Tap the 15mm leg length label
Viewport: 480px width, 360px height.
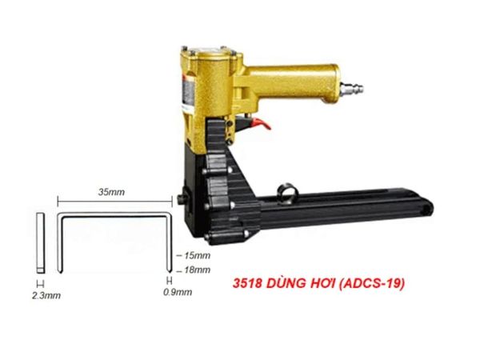pyautogui.click(x=197, y=256)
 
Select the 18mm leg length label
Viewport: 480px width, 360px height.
pyautogui.click(x=197, y=270)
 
